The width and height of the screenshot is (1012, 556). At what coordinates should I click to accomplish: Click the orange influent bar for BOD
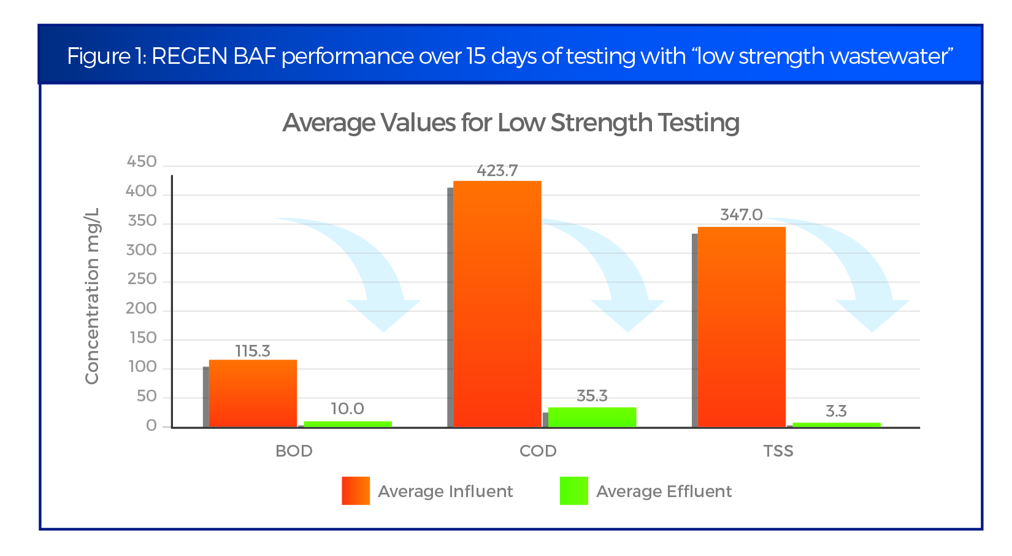point(253,393)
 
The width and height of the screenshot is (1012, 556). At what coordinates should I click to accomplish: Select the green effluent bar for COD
point(592,417)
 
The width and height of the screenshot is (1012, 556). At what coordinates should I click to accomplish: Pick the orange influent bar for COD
point(497,304)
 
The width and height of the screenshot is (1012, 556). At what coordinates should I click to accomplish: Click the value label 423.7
point(497,171)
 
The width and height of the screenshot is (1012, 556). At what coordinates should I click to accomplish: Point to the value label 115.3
point(253,351)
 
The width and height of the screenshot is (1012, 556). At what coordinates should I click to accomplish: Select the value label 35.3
point(592,396)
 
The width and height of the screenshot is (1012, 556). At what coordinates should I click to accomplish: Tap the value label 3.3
point(836,411)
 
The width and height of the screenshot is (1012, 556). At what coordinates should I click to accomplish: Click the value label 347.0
point(741,215)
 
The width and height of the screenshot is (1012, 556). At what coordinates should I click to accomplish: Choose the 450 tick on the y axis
point(142,162)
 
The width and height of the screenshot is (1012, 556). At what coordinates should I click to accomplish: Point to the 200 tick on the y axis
point(142,309)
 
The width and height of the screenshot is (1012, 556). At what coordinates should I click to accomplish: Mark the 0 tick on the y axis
point(151,426)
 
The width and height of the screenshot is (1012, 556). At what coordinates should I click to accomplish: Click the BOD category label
point(294,451)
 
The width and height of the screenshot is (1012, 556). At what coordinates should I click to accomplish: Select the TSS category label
point(778,451)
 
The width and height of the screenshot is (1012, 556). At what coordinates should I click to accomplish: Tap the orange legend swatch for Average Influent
point(356,491)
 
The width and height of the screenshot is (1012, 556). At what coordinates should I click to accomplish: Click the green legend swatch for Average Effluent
point(574,491)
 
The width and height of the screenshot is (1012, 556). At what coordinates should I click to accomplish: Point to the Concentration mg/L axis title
point(92,296)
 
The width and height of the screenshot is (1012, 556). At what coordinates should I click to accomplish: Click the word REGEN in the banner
point(189,56)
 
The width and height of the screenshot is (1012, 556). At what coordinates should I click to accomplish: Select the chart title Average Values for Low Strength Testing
point(510,123)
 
